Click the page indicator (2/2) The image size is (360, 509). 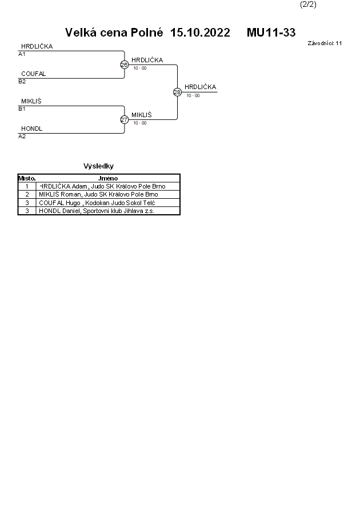point(308,5)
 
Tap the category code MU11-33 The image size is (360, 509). point(271,33)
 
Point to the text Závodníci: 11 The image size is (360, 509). point(325,43)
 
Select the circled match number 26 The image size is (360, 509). point(124,65)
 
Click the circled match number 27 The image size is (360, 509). point(124,119)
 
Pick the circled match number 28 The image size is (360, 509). point(177,92)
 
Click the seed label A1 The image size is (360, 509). point(22,54)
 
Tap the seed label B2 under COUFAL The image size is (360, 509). point(22,82)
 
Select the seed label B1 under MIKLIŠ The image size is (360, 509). point(22,109)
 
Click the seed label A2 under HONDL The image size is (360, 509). point(22,137)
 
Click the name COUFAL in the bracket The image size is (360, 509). point(33,74)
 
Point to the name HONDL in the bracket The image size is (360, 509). point(31,129)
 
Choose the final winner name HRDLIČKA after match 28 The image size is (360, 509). point(200,87)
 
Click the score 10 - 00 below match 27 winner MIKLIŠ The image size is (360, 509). point(140,123)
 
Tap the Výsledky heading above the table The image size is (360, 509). point(98,166)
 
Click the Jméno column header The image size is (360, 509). point(108,178)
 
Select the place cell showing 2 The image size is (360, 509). point(27,194)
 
